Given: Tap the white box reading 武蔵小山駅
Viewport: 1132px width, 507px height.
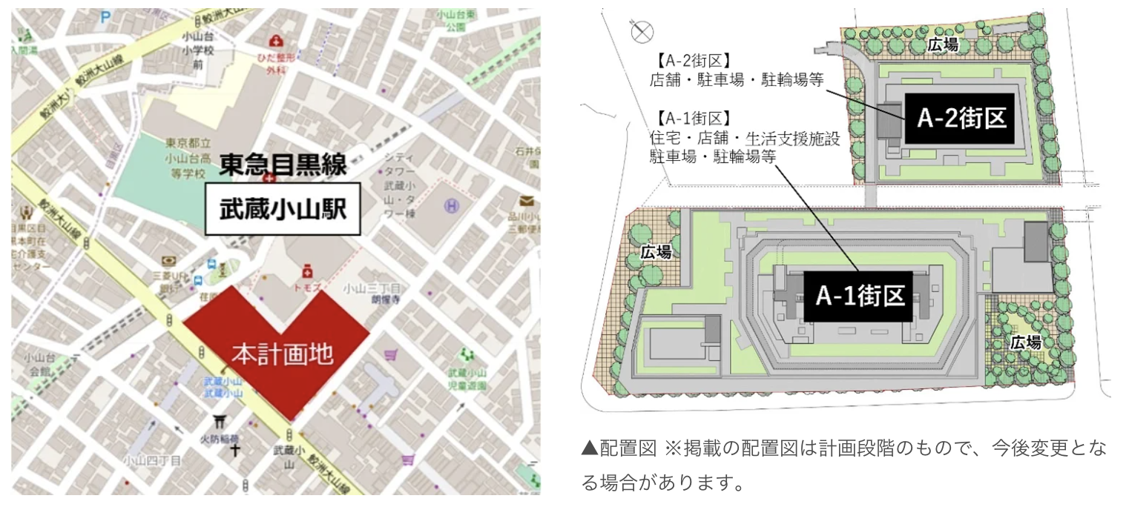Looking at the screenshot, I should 282,209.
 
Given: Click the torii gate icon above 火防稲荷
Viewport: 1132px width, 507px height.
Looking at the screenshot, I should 220,421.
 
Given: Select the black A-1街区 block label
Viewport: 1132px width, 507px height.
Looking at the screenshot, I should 860,296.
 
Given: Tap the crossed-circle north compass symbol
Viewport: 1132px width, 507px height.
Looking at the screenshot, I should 642,31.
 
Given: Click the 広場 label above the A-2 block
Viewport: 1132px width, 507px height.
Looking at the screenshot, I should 942,45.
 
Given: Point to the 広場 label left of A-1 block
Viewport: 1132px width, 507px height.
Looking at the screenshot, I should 656,253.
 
